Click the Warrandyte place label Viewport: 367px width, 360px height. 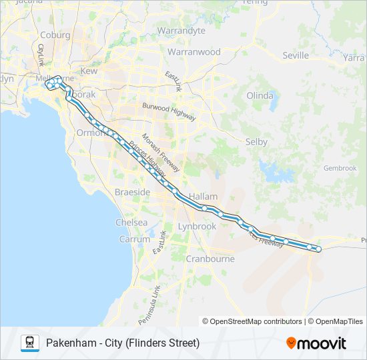[x=181, y=31]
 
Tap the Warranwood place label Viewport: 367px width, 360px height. [x=194, y=52]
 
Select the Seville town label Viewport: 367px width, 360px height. [x=296, y=55]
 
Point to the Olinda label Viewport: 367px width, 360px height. [x=260, y=95]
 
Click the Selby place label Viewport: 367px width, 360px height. [x=256, y=142]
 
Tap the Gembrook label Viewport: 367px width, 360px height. [x=340, y=168]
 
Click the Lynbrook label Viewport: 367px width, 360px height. [x=197, y=227]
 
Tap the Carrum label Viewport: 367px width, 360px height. [x=135, y=239]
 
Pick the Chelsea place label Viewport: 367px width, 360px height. [x=132, y=222]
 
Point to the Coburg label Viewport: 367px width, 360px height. [x=55, y=35]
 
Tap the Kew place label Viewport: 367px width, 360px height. [x=89, y=71]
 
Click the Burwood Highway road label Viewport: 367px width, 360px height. [x=168, y=111]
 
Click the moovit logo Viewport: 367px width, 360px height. [x=316, y=343]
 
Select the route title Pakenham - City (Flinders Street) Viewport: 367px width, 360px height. [x=123, y=343]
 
